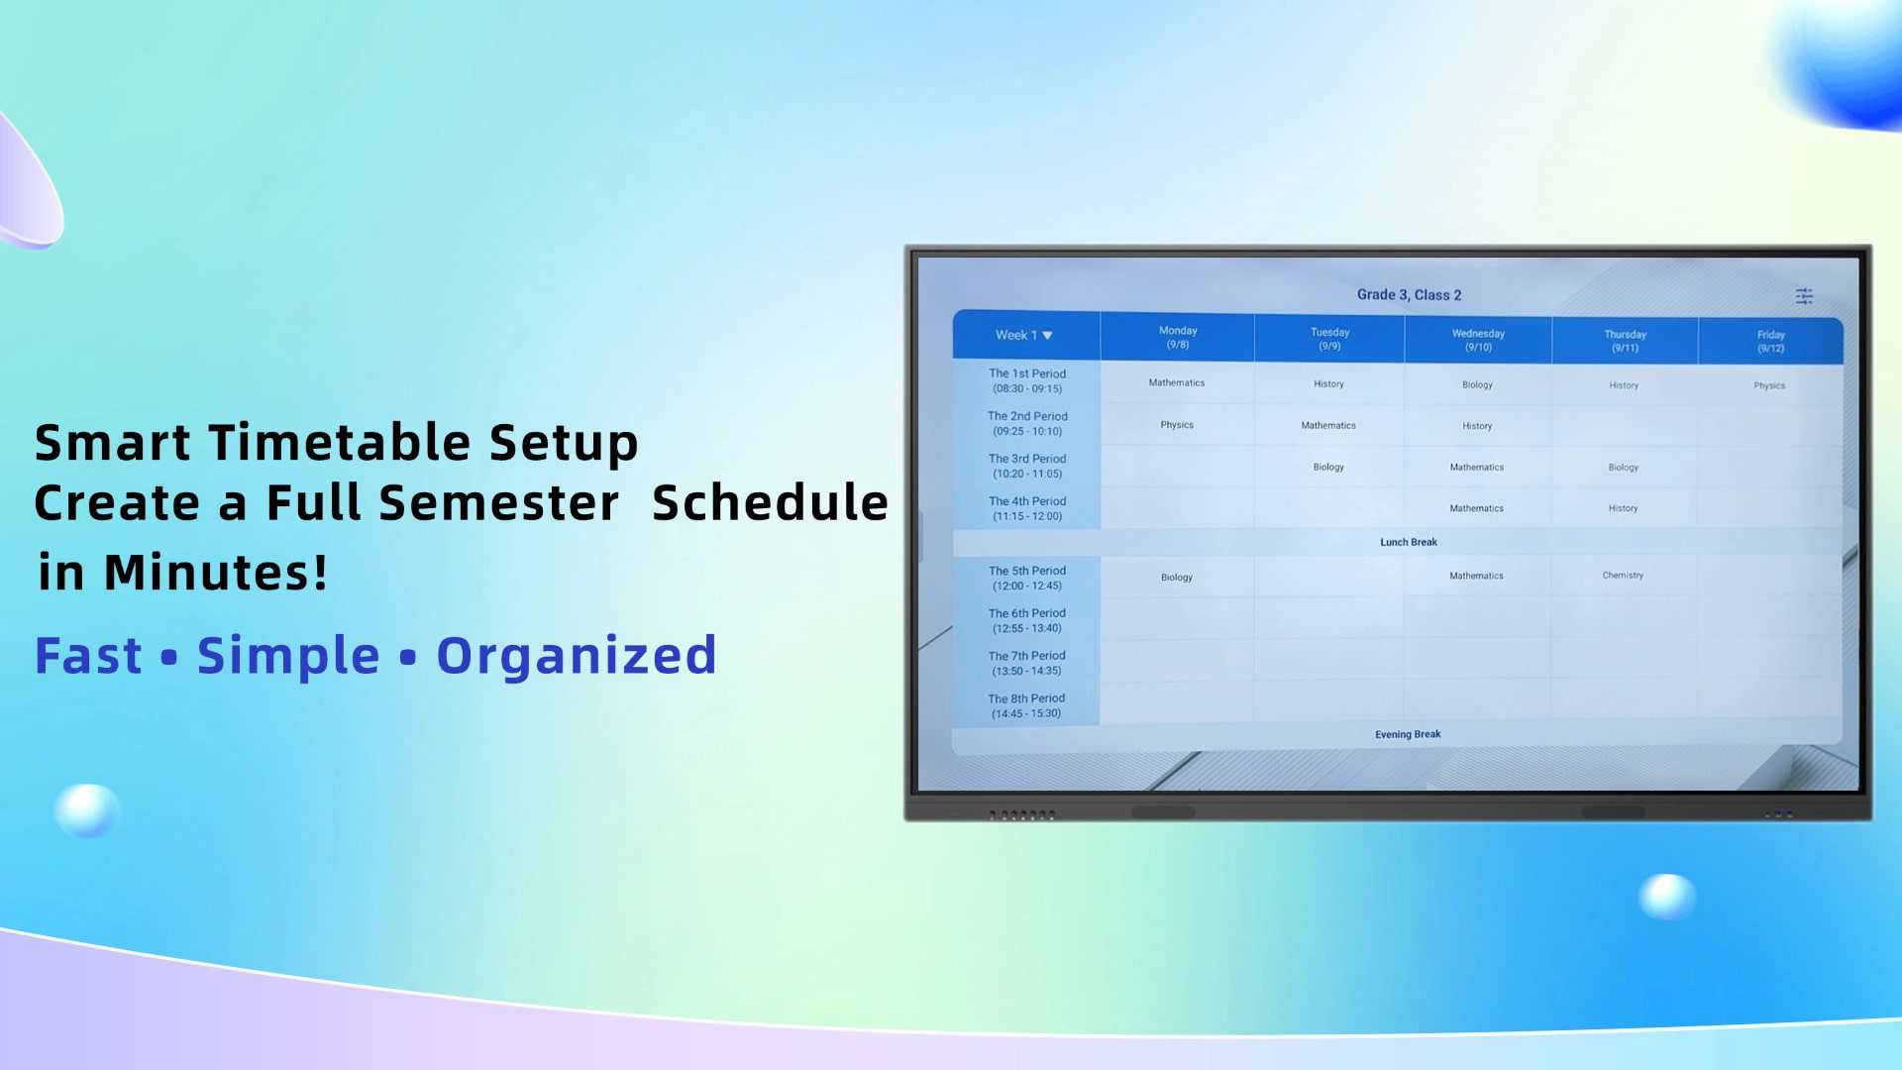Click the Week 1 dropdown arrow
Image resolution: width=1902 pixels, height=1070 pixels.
pos(1047,336)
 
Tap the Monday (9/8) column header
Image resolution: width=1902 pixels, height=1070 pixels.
pos(1177,338)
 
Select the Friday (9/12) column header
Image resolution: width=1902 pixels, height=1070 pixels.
pos(1770,342)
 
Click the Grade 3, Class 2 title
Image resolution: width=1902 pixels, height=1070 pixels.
pos(1408,295)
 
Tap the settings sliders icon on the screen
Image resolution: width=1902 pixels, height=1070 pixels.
pos(1803,296)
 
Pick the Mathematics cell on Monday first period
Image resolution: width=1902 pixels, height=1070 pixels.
pos(1176,383)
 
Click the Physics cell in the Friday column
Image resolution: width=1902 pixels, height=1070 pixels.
pos(1768,386)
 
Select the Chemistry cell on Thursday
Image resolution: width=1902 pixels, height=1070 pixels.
pos(1622,576)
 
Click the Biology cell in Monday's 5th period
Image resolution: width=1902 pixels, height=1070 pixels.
pos(1176,578)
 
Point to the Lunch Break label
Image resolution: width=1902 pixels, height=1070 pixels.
pos(1408,543)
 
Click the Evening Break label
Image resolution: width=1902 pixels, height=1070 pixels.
pos(1407,735)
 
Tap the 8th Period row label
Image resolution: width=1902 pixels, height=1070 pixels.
pos(1026,705)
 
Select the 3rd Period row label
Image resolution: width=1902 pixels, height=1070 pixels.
pos(1027,466)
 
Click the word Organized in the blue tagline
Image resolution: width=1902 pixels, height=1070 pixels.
pos(576,656)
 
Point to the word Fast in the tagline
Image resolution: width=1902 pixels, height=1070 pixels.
pos(88,656)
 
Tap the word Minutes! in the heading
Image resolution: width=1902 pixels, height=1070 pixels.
pos(215,573)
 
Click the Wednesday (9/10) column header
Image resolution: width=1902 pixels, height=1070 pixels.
pos(1477,340)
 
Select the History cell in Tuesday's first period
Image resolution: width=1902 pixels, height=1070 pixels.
pos(1328,384)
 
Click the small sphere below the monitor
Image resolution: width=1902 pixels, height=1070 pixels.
pos(1667,896)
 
